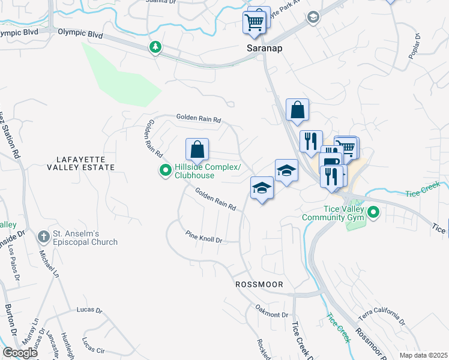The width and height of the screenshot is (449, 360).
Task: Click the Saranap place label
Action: [264, 47]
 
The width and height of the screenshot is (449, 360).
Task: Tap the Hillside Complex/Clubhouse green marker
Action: [166, 172]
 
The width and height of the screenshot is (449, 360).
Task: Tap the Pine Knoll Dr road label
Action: [203, 238]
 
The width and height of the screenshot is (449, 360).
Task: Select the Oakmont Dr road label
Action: [272, 314]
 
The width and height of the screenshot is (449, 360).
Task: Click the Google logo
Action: [20, 352]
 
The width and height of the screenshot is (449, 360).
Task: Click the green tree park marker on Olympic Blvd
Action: [155, 46]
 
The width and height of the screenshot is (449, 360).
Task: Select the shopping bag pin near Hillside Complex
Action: [197, 149]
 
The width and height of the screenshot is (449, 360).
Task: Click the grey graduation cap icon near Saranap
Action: [312, 17]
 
